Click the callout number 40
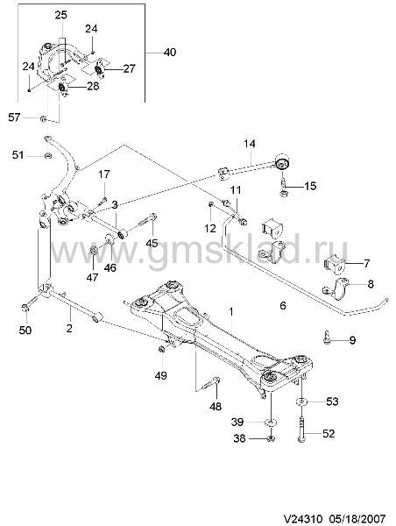(x=170, y=53)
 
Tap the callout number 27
(x=129, y=68)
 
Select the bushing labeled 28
(x=62, y=88)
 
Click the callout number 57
(x=14, y=117)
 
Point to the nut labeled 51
(x=48, y=156)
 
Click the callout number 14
(x=249, y=144)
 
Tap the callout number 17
(x=104, y=174)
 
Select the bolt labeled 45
(x=147, y=220)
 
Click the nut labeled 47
(x=94, y=250)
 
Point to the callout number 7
(x=367, y=263)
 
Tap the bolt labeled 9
(x=327, y=337)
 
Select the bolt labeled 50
(x=31, y=303)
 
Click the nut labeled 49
(x=161, y=349)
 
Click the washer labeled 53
(x=301, y=402)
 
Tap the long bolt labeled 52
(x=301, y=430)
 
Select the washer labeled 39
(x=269, y=422)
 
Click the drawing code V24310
(x=303, y=517)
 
